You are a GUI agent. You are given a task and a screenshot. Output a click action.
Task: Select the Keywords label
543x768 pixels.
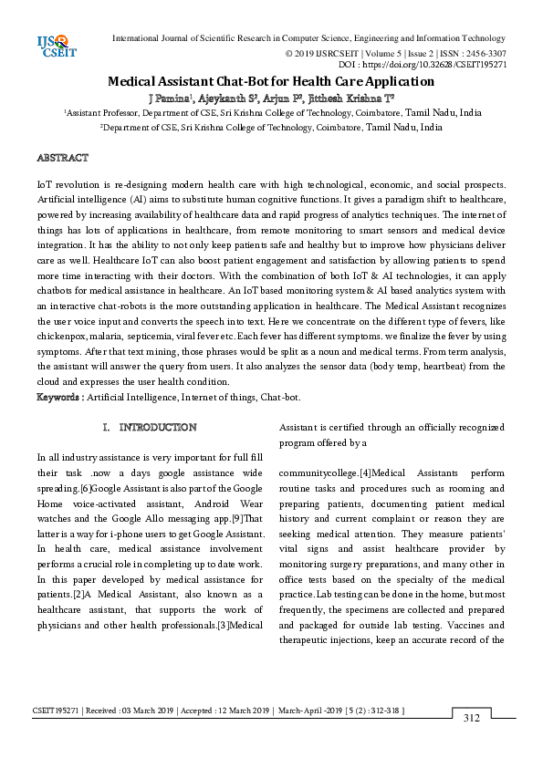(61, 397)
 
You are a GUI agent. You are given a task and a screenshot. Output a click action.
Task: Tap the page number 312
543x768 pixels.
(471, 718)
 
